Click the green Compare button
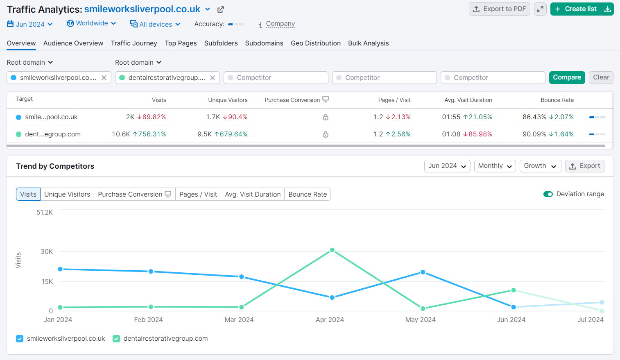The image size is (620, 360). [567, 77]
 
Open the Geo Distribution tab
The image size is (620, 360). [315, 43]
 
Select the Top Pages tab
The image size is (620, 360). [181, 43]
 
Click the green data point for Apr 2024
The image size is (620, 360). [332, 250]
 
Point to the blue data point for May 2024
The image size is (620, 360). [423, 272]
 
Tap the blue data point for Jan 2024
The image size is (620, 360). [60, 269]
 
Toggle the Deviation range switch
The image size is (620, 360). [548, 194]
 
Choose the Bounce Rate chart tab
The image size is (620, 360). [308, 194]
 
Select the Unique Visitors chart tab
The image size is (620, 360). [67, 194]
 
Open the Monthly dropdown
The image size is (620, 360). [495, 166]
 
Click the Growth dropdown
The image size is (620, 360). [540, 166]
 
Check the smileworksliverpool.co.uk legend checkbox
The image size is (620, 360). [20, 339]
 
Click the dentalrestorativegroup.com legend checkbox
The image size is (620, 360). [116, 339]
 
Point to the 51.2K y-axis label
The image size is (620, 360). [45, 212]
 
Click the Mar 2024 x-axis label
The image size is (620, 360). [239, 320]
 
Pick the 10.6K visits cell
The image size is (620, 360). [121, 134]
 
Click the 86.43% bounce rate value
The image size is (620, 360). [534, 117]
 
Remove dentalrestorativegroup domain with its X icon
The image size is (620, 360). [213, 78]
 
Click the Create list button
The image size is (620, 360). [575, 9]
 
